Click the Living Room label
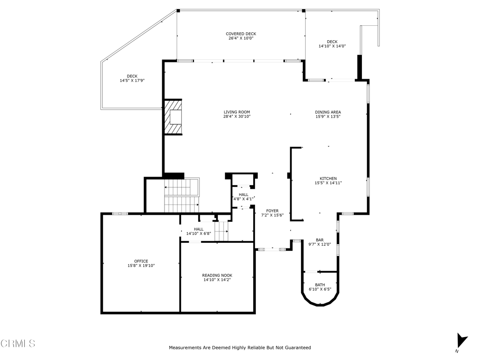(x=237, y=112)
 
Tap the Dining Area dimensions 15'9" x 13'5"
(x=328, y=116)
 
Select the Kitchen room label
(x=328, y=179)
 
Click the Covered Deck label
(x=241, y=34)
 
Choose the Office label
(x=141, y=261)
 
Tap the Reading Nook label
(x=217, y=275)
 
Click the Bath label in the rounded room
(x=320, y=285)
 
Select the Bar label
(x=320, y=240)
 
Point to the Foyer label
(x=272, y=210)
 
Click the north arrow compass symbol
(x=461, y=340)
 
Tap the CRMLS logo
(x=18, y=344)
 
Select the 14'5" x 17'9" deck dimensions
(x=132, y=81)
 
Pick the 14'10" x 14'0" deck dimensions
(x=332, y=46)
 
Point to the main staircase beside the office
(x=181, y=195)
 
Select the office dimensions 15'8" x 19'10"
(x=141, y=265)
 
